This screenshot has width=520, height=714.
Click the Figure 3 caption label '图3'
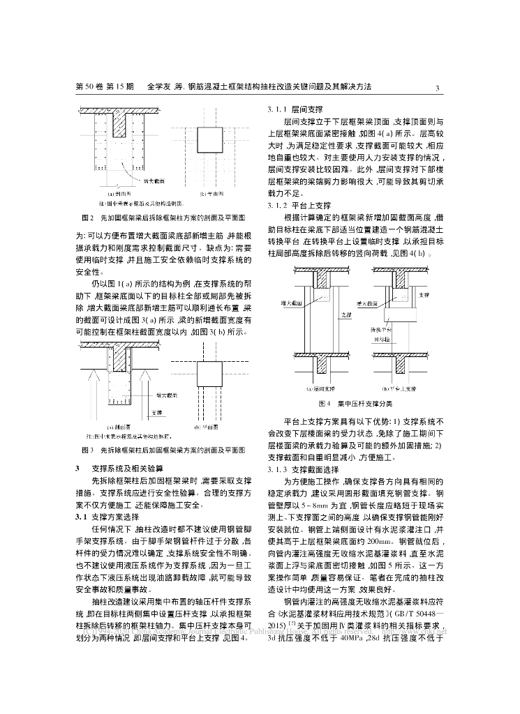pos(87,450)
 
